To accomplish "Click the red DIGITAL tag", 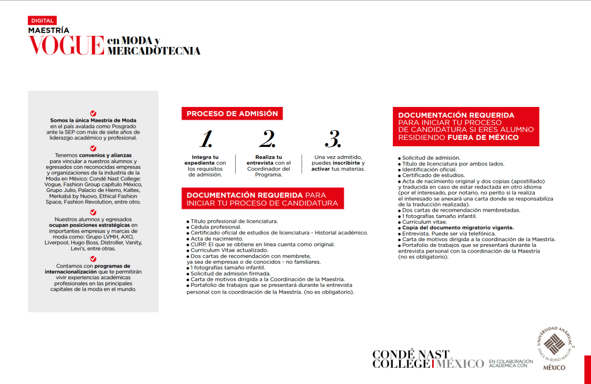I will [42, 20].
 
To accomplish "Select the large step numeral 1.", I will [206, 139].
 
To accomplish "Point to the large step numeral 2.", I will [267, 139].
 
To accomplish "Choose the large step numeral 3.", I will [333, 139].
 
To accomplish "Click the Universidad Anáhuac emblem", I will [554, 345].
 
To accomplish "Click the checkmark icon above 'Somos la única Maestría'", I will [94, 113].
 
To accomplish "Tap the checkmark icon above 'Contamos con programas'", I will [94, 259].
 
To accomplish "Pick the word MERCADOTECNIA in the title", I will [154, 51].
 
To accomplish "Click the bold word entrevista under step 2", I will [261, 163].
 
